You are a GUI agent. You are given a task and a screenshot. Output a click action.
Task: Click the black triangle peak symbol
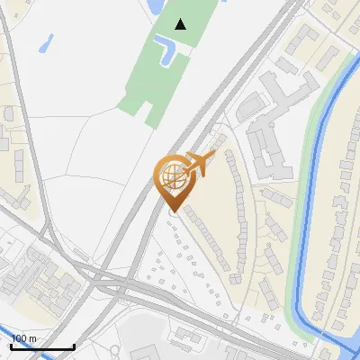(181, 23)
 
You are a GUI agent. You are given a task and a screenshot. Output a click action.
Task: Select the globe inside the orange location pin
(172, 177)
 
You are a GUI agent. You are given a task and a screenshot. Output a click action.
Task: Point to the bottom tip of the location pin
(173, 211)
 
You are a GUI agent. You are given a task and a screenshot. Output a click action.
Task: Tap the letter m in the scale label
(34, 338)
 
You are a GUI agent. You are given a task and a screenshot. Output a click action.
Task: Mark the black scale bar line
(42, 346)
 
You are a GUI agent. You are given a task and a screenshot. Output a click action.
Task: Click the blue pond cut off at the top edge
(154, 5)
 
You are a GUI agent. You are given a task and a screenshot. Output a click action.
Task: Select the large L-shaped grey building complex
(265, 135)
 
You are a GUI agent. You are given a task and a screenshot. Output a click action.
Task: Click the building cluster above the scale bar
(45, 288)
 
